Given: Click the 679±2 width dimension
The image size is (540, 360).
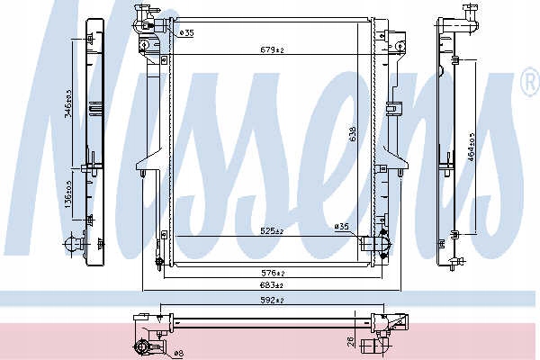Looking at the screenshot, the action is (x=272, y=50).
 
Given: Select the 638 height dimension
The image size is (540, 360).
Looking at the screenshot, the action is (x=352, y=134).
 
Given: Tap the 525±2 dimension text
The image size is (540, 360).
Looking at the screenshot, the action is (x=272, y=231).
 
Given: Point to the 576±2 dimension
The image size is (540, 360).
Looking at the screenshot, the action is (x=273, y=274).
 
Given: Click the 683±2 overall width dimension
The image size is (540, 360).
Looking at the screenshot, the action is (x=272, y=285).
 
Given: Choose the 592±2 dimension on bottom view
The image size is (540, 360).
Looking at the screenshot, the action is (x=272, y=301).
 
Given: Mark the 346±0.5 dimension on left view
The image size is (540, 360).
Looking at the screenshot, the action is (x=68, y=103).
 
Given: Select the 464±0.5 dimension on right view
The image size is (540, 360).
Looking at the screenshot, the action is (x=472, y=146).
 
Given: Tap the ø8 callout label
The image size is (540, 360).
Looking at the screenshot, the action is (x=178, y=353).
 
